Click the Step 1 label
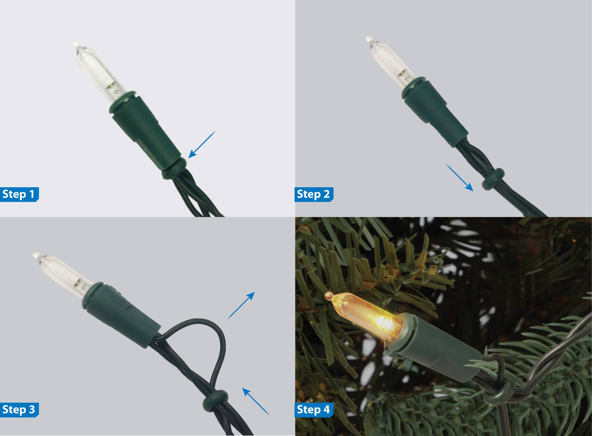point(19,194)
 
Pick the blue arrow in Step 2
point(459,177)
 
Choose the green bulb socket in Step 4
point(435,351)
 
